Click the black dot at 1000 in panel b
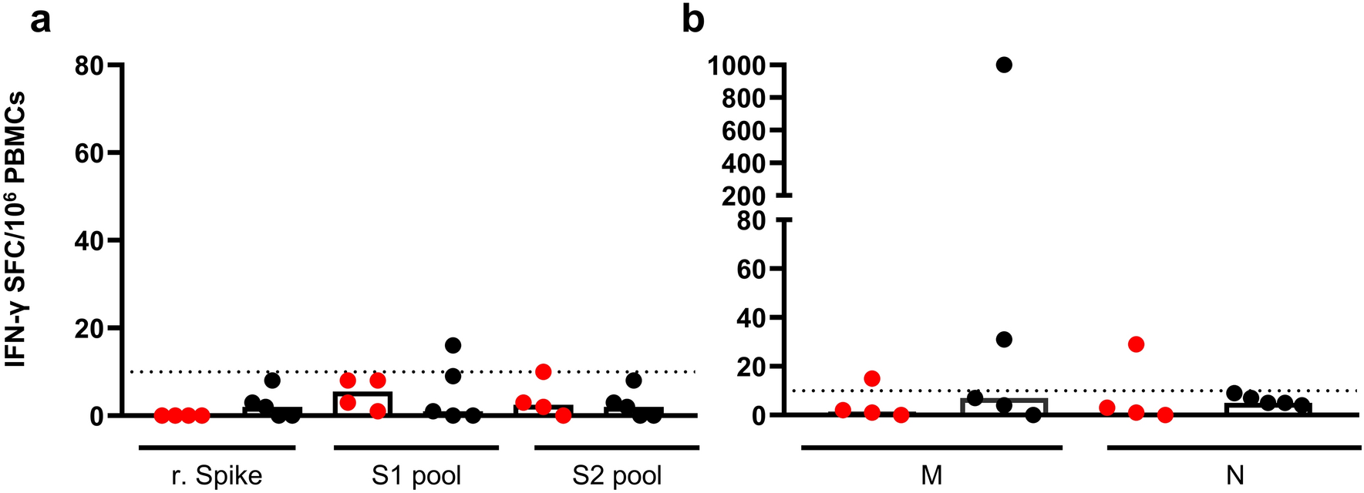coord(1004,65)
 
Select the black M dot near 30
coord(1004,340)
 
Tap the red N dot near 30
coord(1136,344)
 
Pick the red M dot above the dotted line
coord(872,378)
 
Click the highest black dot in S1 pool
coord(453,345)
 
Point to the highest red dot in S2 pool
coord(544,372)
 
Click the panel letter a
coord(40,20)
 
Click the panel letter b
coord(693,20)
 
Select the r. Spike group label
coord(217,475)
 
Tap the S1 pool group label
coord(416,475)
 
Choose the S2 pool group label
coord(617,475)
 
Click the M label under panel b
coord(931,475)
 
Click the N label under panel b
coord(1234,475)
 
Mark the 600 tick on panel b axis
coord(743,131)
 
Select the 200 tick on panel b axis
coord(743,196)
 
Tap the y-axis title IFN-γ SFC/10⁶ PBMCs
coord(15,229)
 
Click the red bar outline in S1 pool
coord(362,394)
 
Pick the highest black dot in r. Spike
coord(272,381)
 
